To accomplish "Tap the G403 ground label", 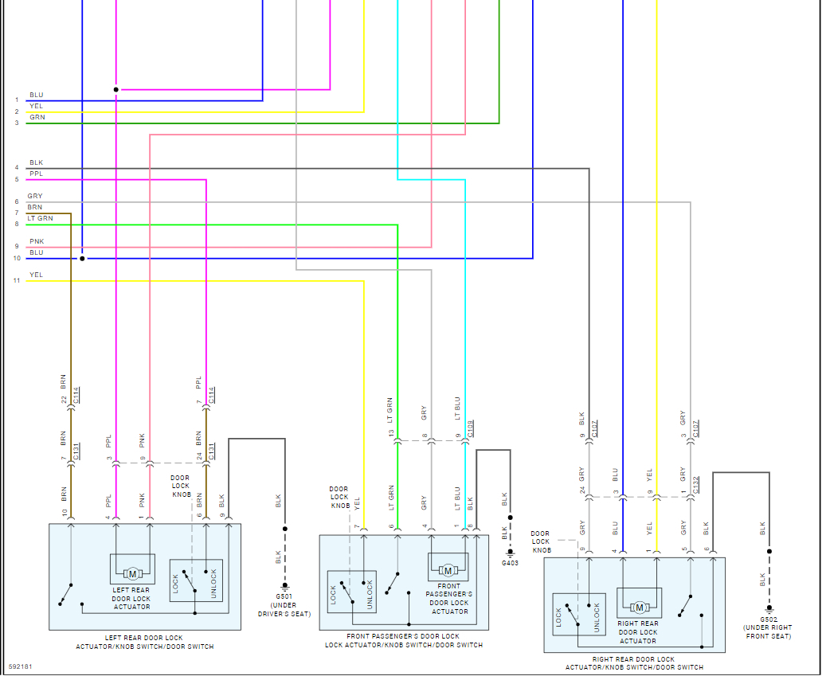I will pyautogui.click(x=510, y=562).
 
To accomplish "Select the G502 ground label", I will pyautogui.click(x=768, y=619).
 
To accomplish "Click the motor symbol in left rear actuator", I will pyautogui.click(x=132, y=573).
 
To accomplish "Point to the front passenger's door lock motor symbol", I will pyautogui.click(x=448, y=569).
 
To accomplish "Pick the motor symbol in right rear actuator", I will pyautogui.click(x=639, y=608).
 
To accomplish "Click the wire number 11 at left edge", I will pyautogui.click(x=16, y=281).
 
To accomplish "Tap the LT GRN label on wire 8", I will pyautogui.click(x=40, y=218).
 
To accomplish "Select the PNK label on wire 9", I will pyautogui.click(x=37, y=241).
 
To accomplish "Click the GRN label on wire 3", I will pyautogui.click(x=37, y=117).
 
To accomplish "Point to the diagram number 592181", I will pyautogui.click(x=21, y=666).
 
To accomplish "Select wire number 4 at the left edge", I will pyautogui.click(x=16, y=168).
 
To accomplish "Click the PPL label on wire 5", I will pyautogui.click(x=36, y=174).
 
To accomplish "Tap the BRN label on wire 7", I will pyautogui.click(x=34, y=207).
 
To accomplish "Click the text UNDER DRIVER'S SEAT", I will pyautogui.click(x=284, y=609).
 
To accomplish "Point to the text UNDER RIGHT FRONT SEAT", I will pyautogui.click(x=768, y=632).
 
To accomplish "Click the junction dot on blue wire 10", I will pyautogui.click(x=82, y=258).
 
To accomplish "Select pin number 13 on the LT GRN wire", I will pyautogui.click(x=391, y=433).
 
